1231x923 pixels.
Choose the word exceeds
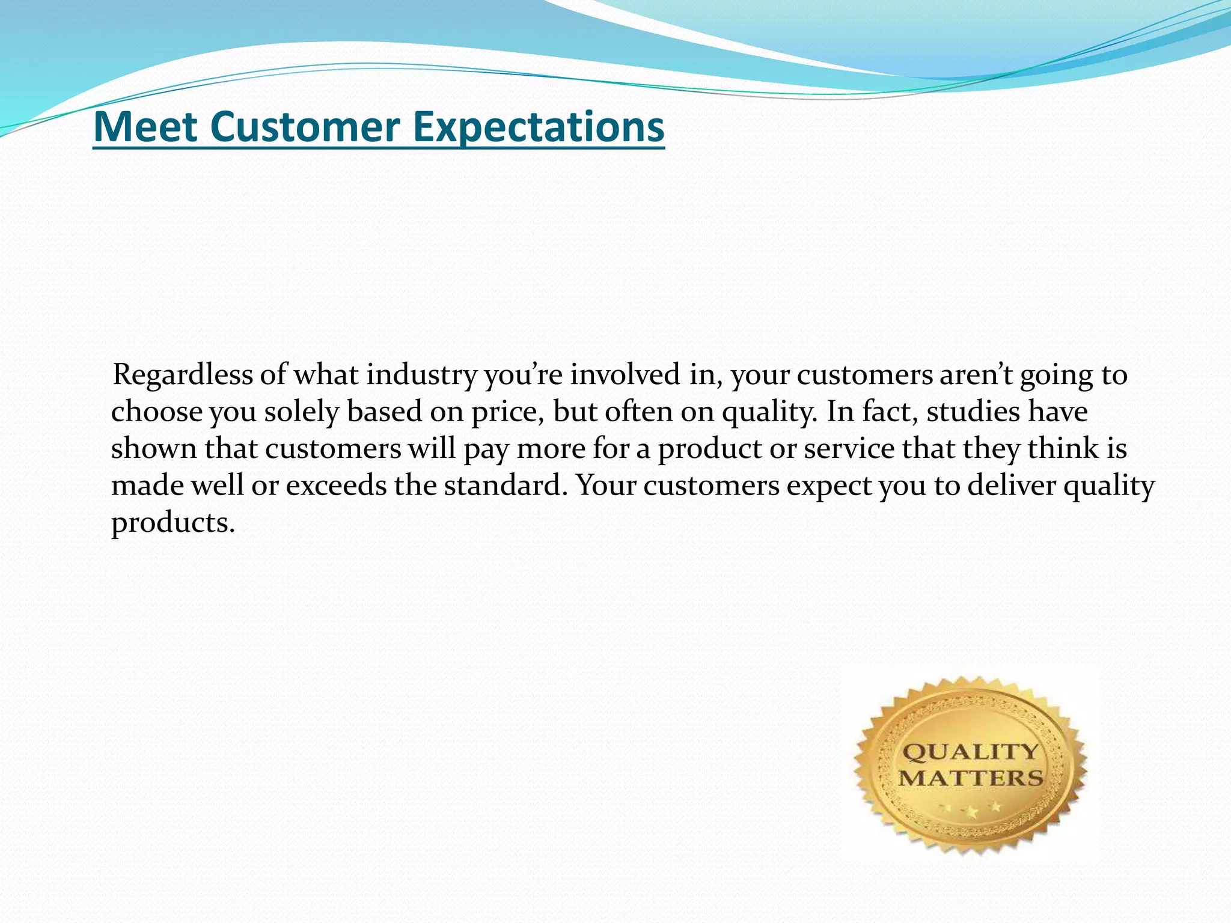click(336, 486)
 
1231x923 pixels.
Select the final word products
click(173, 523)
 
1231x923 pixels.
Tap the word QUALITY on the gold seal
click(970, 752)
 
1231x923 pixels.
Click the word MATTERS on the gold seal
click(970, 779)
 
